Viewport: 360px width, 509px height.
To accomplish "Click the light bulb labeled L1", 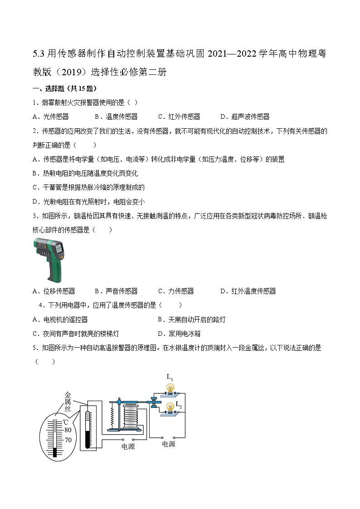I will click(x=170, y=388).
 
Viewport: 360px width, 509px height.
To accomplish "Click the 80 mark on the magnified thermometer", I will click(x=68, y=430).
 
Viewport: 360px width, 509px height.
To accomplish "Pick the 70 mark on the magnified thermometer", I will click(x=68, y=440).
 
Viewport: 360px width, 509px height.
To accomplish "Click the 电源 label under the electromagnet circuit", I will click(x=128, y=446).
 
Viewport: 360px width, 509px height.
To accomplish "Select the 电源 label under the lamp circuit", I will click(x=168, y=444).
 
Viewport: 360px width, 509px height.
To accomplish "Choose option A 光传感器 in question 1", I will click(x=51, y=116).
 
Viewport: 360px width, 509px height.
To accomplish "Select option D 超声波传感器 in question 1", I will click(x=244, y=116).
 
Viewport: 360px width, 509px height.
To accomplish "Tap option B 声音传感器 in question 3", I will click(x=116, y=291).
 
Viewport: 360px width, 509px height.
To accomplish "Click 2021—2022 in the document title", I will click(x=232, y=54).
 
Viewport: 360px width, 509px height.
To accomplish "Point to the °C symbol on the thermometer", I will click(x=65, y=422).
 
